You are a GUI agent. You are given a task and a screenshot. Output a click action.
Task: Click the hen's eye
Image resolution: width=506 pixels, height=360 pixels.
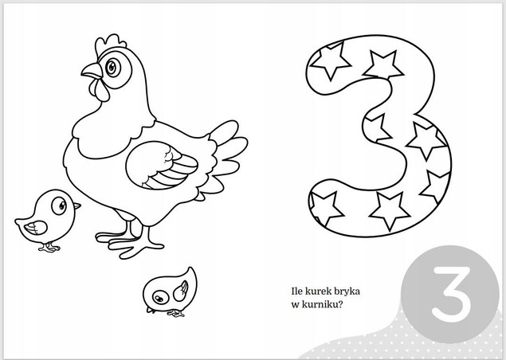[x=112, y=68]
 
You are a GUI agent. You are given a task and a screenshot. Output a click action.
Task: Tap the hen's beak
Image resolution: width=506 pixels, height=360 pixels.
[x=92, y=71]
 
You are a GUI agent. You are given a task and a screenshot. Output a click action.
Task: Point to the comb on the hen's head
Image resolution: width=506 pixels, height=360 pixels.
[x=110, y=44]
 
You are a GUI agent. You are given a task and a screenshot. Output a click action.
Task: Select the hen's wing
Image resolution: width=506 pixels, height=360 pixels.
[x=161, y=165]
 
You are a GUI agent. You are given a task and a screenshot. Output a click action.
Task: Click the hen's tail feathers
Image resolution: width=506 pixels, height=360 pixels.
[x=228, y=148]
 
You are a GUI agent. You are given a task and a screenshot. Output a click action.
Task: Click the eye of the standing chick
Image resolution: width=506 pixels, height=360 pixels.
[x=59, y=206]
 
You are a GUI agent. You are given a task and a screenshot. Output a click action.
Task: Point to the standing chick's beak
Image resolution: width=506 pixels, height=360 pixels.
[x=76, y=205]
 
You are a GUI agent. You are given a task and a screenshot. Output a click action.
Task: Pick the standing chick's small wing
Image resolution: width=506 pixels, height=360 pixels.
[x=36, y=228]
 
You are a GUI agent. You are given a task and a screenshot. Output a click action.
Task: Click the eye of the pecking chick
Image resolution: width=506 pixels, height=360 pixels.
[x=159, y=298]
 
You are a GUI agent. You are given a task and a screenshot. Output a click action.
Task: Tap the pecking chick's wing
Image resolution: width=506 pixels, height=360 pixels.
[x=181, y=291]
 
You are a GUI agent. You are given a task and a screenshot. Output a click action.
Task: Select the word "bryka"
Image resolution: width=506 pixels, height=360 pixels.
[x=350, y=292]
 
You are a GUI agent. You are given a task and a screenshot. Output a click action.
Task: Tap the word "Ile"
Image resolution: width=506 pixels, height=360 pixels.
[x=297, y=292]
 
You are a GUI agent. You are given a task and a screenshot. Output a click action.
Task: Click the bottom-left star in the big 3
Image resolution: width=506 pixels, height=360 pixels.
[x=324, y=208]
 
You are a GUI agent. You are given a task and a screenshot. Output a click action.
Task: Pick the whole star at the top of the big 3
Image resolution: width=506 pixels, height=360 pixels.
[x=383, y=65]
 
